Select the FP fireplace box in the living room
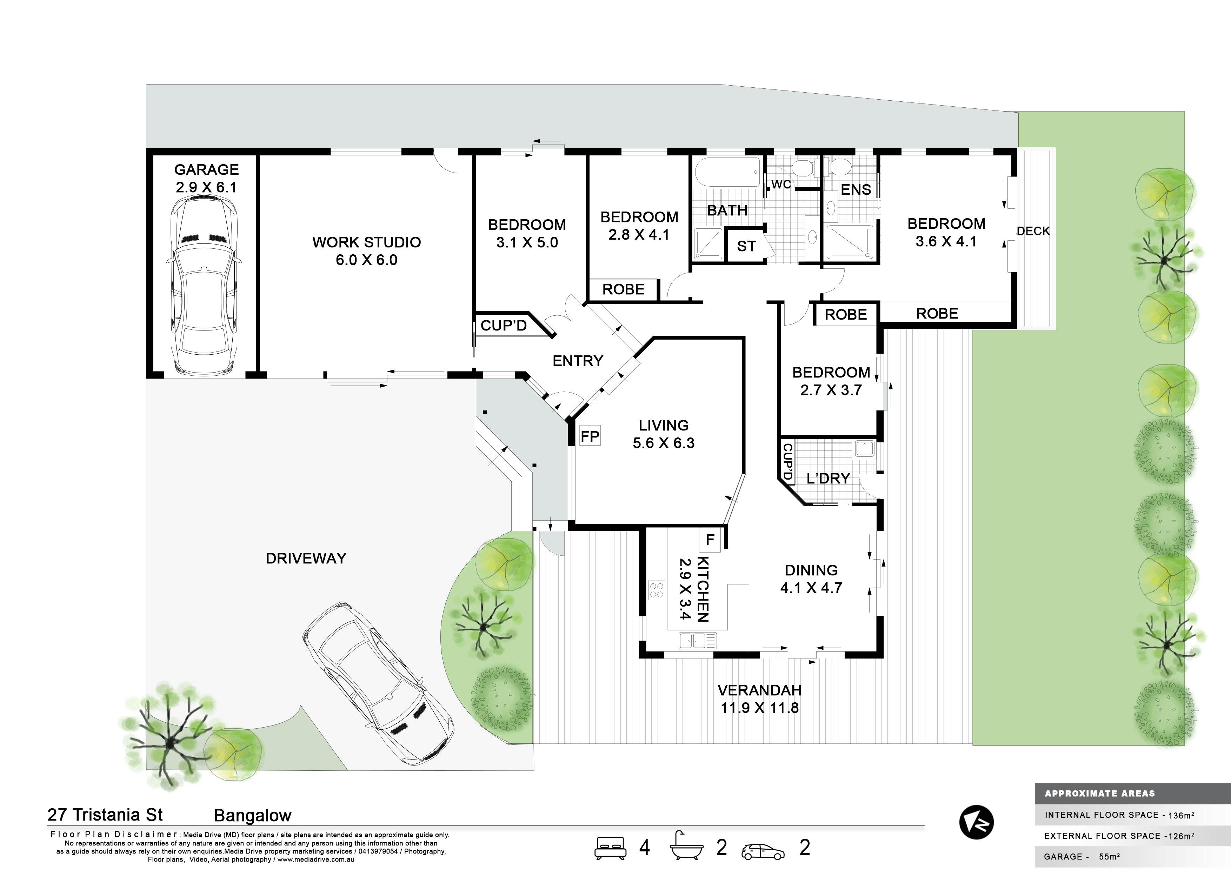(590, 436)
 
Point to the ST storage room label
(746, 246)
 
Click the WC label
(781, 185)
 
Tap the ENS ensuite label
(856, 190)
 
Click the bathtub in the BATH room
(727, 172)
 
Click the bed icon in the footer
(611, 848)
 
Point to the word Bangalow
(253, 816)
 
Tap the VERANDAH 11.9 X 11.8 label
(760, 699)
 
